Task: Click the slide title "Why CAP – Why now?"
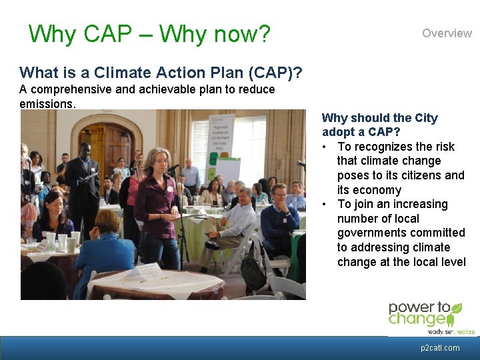(x=149, y=33)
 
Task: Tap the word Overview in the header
(x=447, y=33)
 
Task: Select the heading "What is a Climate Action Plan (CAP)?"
(x=160, y=72)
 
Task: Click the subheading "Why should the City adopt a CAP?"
(x=379, y=125)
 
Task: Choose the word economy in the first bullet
(x=377, y=190)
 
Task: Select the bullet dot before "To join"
(x=324, y=205)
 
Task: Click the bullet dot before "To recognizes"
(x=324, y=147)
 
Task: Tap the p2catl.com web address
(x=440, y=348)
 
